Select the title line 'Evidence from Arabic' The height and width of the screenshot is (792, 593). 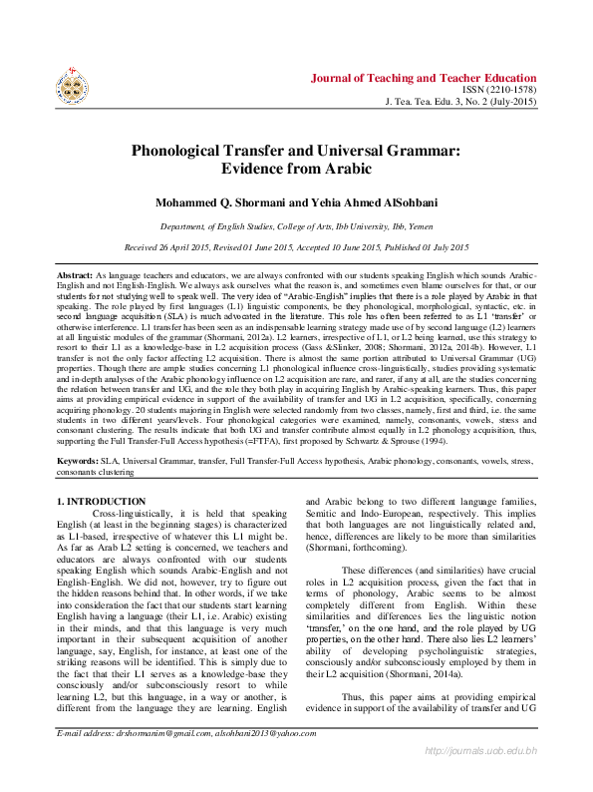tap(296, 171)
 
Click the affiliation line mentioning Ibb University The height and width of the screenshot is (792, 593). tap(296, 226)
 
